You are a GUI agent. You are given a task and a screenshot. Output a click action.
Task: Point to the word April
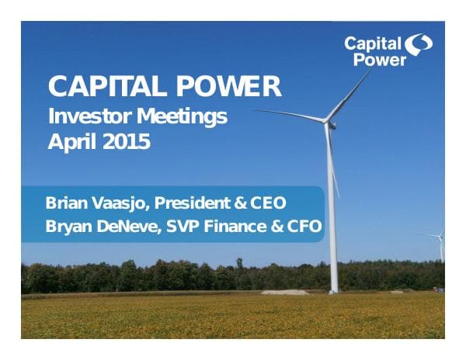(72, 143)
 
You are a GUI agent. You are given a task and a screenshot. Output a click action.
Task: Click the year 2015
(126, 143)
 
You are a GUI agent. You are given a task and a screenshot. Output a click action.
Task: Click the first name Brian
(65, 204)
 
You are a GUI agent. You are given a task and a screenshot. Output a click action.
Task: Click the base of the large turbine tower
(334, 290)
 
